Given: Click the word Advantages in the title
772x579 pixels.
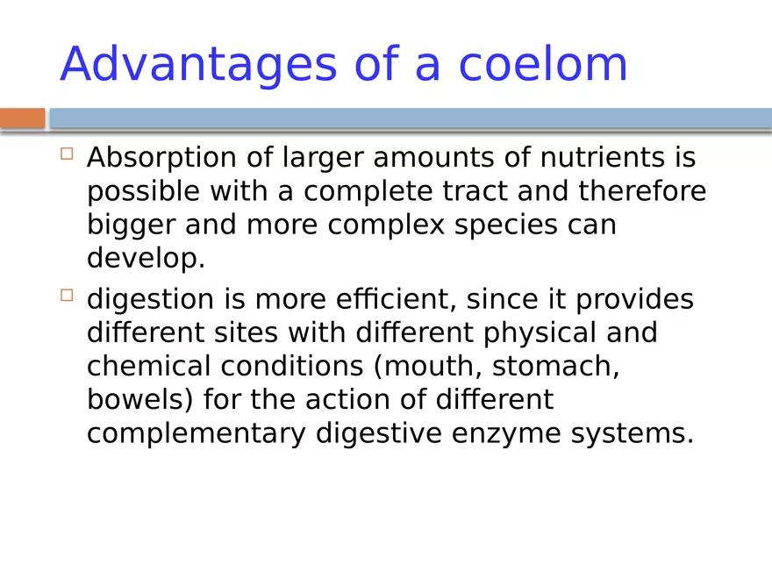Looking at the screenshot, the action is [x=198, y=65].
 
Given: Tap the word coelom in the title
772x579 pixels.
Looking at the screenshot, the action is [x=543, y=63].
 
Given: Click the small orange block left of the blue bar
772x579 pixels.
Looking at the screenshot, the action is [x=22, y=118].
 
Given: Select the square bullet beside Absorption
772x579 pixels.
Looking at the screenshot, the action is [x=67, y=154].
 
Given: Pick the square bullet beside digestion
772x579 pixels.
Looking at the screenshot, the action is [x=67, y=295].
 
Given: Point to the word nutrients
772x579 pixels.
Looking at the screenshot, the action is [x=602, y=158].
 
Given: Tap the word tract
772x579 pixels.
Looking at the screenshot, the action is [x=475, y=191].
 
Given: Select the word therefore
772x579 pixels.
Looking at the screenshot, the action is [x=642, y=190].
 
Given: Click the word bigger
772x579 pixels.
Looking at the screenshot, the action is [x=131, y=225].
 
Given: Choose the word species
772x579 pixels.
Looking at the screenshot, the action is [x=505, y=225].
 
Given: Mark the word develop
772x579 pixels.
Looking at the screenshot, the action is [x=146, y=259].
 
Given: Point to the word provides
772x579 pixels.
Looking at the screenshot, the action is [x=634, y=300].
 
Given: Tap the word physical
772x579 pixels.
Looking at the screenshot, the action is [x=540, y=333].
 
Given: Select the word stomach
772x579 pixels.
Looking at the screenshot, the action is [x=556, y=367].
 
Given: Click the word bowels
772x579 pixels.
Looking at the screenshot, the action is [x=139, y=399].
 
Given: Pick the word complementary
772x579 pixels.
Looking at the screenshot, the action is [x=197, y=433].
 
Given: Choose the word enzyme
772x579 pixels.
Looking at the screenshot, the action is [x=506, y=433].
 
